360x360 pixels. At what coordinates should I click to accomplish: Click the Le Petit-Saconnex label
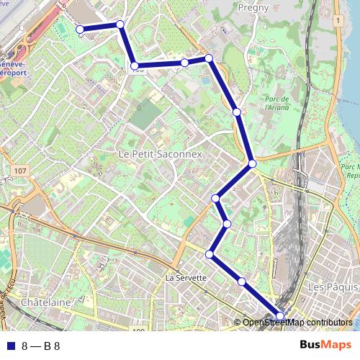coord(161,154)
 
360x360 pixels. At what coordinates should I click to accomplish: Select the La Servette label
coord(186,277)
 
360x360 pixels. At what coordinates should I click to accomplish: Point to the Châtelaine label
coord(46,302)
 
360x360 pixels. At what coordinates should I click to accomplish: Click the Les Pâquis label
coord(329,287)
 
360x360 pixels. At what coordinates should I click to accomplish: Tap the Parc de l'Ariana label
coord(276,103)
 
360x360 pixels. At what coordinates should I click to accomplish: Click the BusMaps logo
coord(325,345)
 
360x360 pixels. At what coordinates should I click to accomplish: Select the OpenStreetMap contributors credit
coord(297,322)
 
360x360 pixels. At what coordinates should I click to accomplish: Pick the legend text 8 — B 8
coord(41,346)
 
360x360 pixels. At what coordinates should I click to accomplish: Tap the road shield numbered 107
coord(19,171)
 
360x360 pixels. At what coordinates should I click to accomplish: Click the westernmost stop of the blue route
coord(80,30)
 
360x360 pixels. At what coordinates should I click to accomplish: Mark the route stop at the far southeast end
coord(280,315)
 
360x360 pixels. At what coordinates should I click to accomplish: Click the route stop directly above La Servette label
coord(210,254)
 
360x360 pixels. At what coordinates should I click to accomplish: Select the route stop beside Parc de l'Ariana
coord(236,112)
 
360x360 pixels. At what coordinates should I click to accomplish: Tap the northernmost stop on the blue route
coord(120,24)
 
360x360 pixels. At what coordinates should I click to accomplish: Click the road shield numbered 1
coord(336,21)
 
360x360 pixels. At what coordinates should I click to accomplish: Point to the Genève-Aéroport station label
coord(16,68)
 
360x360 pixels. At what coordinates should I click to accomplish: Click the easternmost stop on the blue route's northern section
coord(209,58)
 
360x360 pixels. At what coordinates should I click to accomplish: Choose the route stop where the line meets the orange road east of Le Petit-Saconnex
coord(252,164)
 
